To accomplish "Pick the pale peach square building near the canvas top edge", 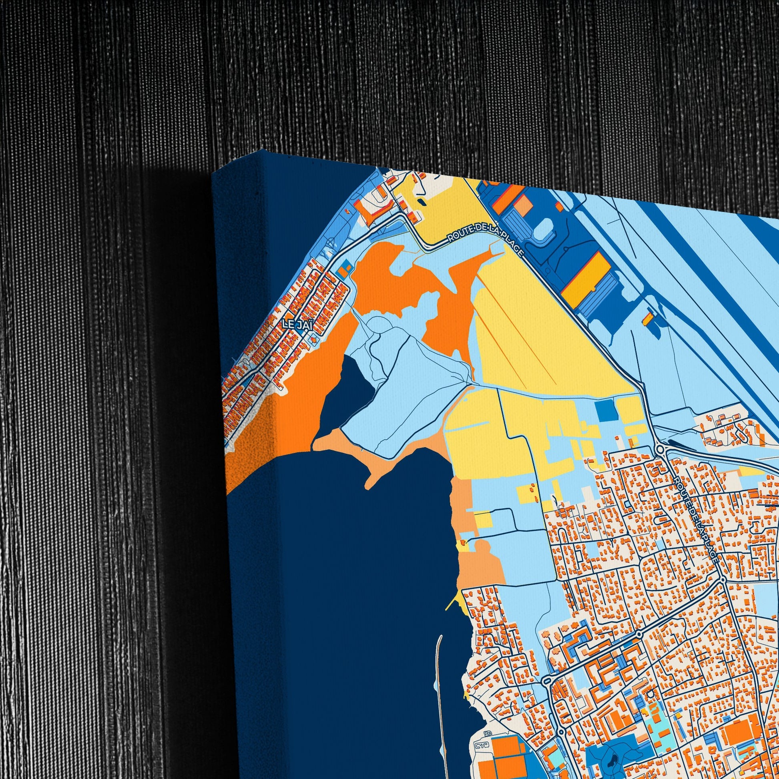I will [524, 205].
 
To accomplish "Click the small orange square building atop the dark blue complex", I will [559, 206].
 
